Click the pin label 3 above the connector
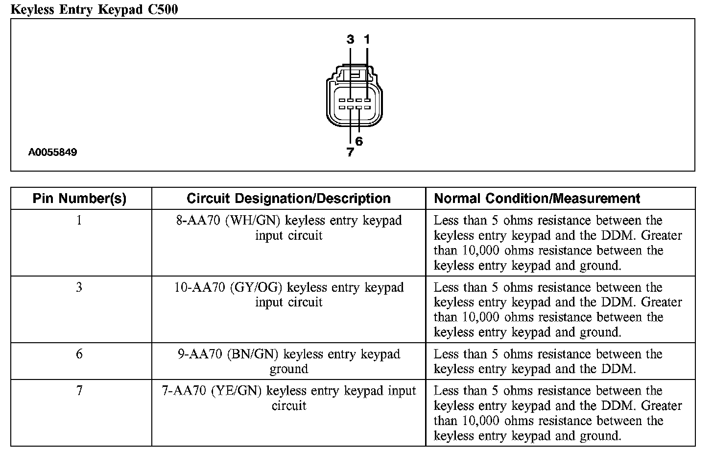point(350,39)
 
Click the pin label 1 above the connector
point(367,39)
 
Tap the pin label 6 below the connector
point(359,141)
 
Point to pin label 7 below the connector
point(350,152)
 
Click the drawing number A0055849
point(52,152)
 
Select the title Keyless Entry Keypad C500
point(94,10)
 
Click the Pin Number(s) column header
point(79,199)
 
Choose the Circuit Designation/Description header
point(288,199)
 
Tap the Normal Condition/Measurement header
point(537,199)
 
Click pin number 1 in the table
point(79,221)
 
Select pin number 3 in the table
point(79,287)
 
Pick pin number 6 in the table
point(79,354)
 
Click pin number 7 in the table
point(79,391)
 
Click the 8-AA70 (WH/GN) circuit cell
point(289,228)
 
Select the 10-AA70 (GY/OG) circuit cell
point(289,295)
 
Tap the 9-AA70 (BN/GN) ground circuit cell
point(289,361)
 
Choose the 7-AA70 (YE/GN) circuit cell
point(289,398)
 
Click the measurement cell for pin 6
point(547,361)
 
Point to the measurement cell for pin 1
point(557,243)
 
